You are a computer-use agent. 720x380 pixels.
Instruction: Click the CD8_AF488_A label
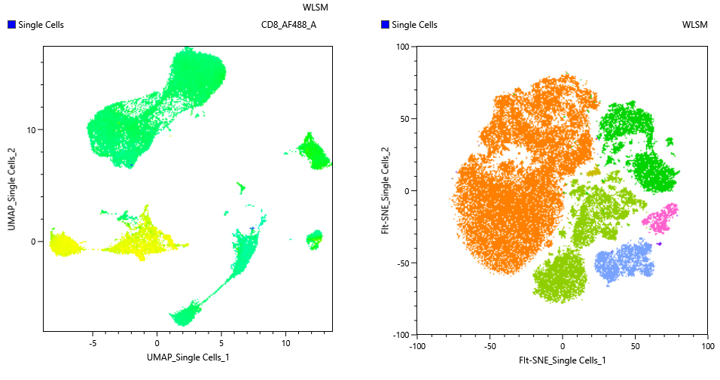point(288,25)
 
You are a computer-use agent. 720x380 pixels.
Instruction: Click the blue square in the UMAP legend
point(11,25)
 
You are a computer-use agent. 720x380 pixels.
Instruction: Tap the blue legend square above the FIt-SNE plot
point(386,25)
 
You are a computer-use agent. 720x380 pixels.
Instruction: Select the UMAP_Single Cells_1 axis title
point(188,357)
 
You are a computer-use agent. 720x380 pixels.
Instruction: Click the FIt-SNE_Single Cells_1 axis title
point(562,360)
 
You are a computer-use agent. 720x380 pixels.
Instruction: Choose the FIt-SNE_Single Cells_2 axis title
point(386,190)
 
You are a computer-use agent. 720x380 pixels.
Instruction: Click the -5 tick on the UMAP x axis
point(92,343)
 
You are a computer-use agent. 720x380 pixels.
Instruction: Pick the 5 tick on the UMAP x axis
point(221,343)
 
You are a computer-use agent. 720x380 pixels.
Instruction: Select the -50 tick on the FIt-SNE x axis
point(490,347)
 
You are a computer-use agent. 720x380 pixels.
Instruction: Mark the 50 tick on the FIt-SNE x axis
point(635,347)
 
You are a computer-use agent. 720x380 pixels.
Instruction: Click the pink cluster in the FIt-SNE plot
point(661,218)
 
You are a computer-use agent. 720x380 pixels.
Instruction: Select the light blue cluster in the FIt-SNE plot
point(624,260)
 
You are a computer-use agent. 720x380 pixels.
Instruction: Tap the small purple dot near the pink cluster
point(659,243)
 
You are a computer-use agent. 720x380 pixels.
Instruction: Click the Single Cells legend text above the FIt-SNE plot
point(415,25)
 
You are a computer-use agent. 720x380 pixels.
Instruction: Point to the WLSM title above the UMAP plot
point(315,7)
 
